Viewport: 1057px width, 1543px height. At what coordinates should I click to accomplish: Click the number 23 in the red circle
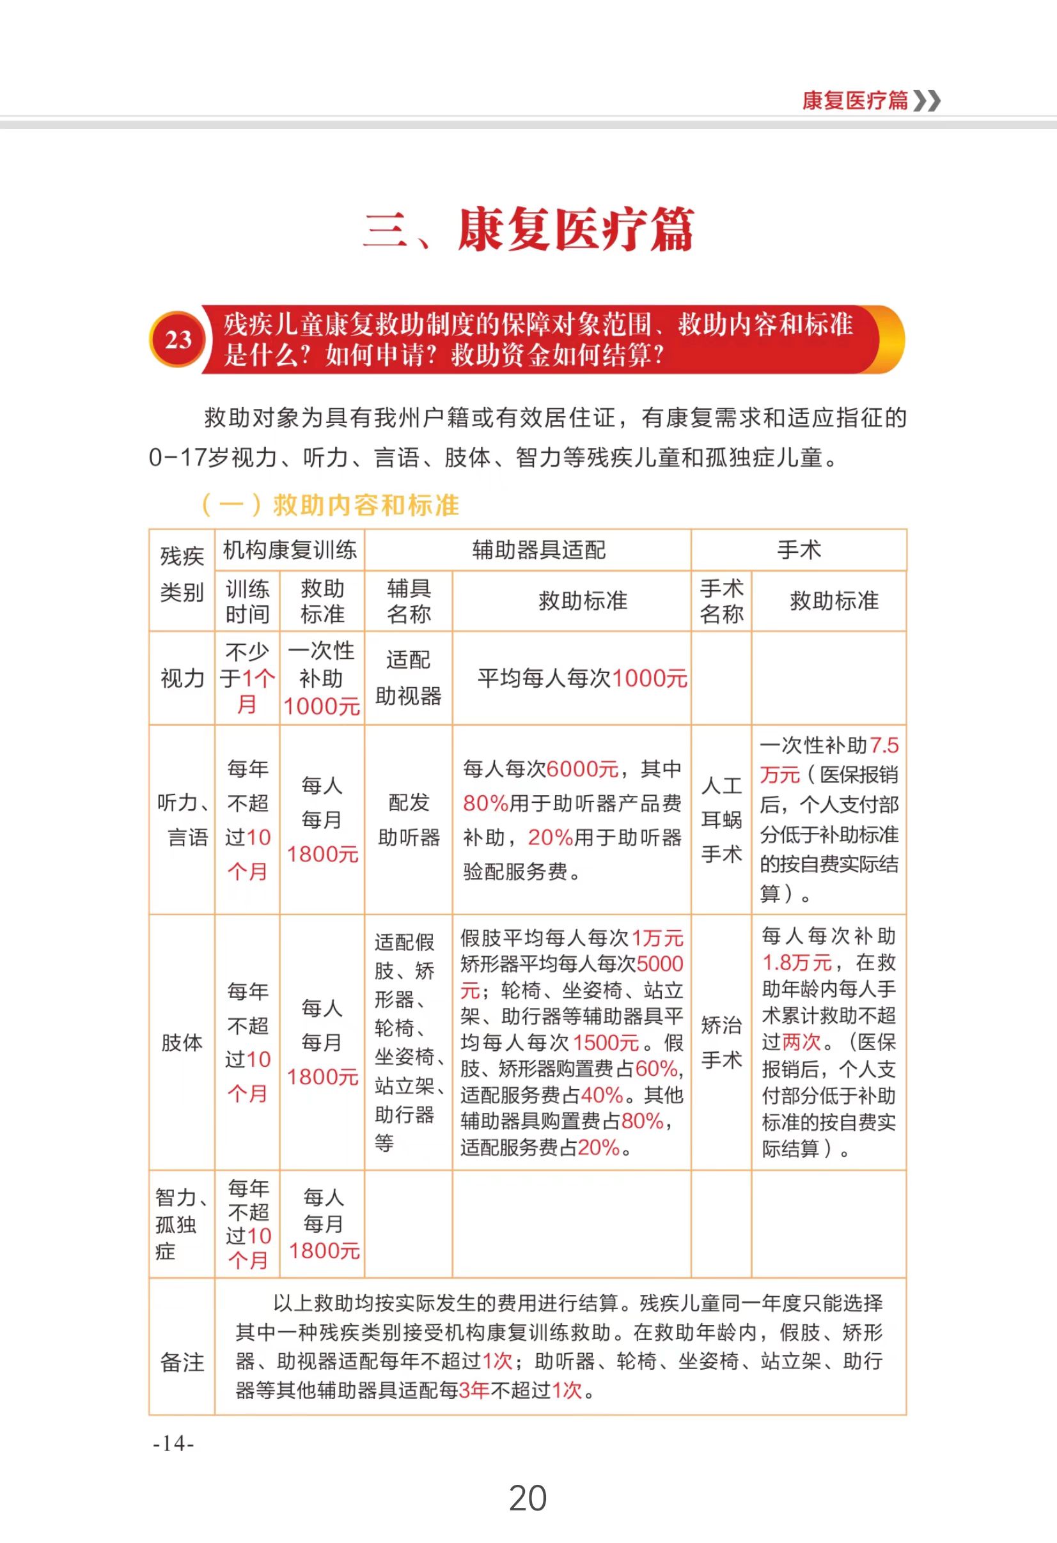(x=177, y=340)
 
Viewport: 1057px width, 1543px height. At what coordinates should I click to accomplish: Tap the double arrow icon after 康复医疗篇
(x=927, y=101)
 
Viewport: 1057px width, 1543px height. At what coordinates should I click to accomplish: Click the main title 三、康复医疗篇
(x=528, y=229)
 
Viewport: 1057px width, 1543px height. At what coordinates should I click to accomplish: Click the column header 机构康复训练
(x=290, y=550)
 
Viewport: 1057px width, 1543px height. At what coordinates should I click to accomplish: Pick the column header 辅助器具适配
(x=539, y=550)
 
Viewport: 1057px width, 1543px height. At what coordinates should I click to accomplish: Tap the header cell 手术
(x=799, y=550)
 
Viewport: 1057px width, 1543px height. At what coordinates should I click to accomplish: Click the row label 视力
(x=182, y=679)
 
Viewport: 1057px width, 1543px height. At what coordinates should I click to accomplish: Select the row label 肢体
(x=182, y=1043)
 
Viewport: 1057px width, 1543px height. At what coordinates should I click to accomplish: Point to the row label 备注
(x=182, y=1362)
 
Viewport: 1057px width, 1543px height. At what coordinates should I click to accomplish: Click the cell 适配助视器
(x=409, y=678)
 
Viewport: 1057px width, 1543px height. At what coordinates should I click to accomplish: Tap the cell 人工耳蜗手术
(x=721, y=820)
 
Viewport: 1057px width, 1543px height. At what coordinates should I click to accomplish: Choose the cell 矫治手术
(x=721, y=1043)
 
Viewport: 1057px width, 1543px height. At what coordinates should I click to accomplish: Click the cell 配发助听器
(x=409, y=820)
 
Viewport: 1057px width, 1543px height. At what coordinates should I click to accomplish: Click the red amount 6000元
(x=582, y=769)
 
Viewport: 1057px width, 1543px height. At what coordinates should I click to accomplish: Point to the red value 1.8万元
(x=797, y=962)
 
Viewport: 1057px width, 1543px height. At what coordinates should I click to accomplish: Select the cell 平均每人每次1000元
(x=582, y=679)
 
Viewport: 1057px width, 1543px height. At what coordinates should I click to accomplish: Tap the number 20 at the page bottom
(x=528, y=1498)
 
